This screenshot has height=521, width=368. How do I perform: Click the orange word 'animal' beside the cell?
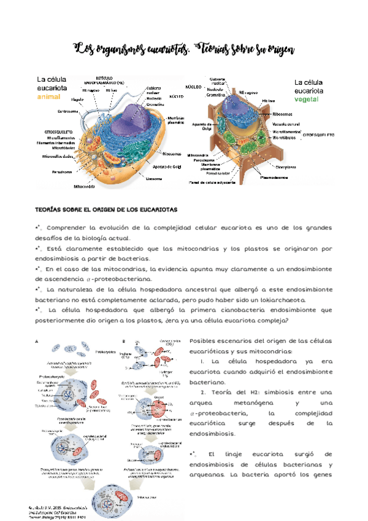coord(49,96)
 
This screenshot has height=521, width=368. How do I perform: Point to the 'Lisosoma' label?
coord(154,179)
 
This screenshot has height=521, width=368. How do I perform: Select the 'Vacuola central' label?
coord(286,123)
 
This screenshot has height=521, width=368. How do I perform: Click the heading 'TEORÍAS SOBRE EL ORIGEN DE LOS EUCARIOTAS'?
coord(107,210)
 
